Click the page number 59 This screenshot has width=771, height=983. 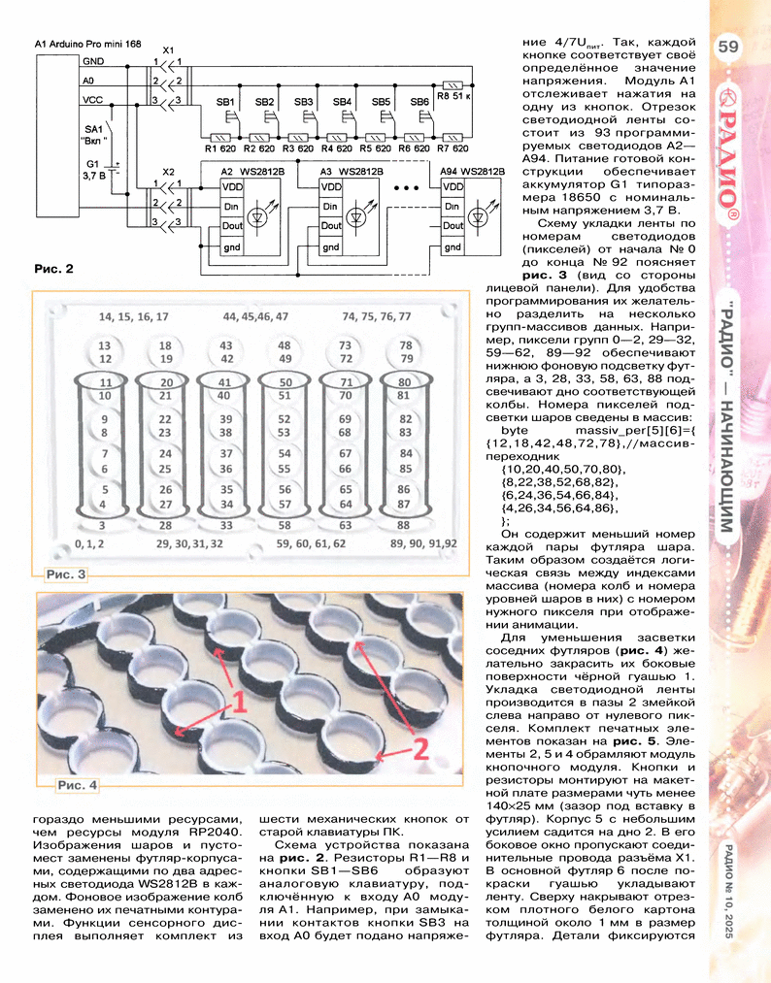(x=729, y=46)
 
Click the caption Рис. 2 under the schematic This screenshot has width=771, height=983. (x=53, y=269)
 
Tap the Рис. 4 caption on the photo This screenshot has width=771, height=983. (x=77, y=784)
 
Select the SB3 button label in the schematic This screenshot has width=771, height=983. (x=303, y=102)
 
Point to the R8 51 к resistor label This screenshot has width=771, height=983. (x=454, y=98)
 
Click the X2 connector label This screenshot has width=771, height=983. (x=168, y=173)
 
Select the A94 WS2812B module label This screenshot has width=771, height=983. (x=472, y=172)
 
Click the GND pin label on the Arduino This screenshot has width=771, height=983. (x=95, y=62)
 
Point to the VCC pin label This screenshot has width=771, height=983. (x=93, y=99)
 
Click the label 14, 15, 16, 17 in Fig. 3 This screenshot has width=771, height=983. (x=133, y=317)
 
